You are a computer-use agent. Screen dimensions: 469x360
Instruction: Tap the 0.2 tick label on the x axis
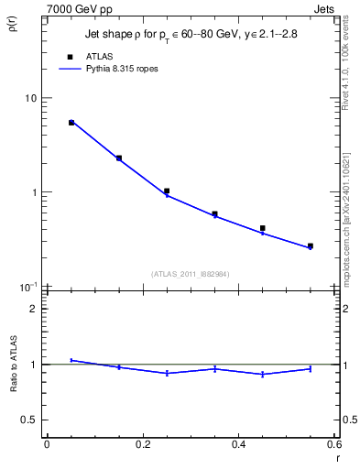click(143, 444)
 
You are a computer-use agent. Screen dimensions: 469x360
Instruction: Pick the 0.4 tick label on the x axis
click(239, 444)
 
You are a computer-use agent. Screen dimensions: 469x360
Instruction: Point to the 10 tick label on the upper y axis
click(30, 98)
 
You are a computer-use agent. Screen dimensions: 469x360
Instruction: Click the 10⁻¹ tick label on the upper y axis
click(27, 287)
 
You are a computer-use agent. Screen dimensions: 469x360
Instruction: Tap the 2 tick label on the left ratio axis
click(35, 309)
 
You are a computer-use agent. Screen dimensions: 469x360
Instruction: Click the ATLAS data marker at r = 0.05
click(71, 122)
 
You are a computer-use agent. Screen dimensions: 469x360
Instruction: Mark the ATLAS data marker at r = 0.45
click(263, 228)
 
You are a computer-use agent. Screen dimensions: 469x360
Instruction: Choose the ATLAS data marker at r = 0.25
click(167, 191)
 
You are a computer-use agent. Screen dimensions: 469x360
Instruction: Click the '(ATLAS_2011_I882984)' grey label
click(190, 273)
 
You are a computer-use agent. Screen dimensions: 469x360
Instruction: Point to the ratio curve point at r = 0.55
click(311, 368)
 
